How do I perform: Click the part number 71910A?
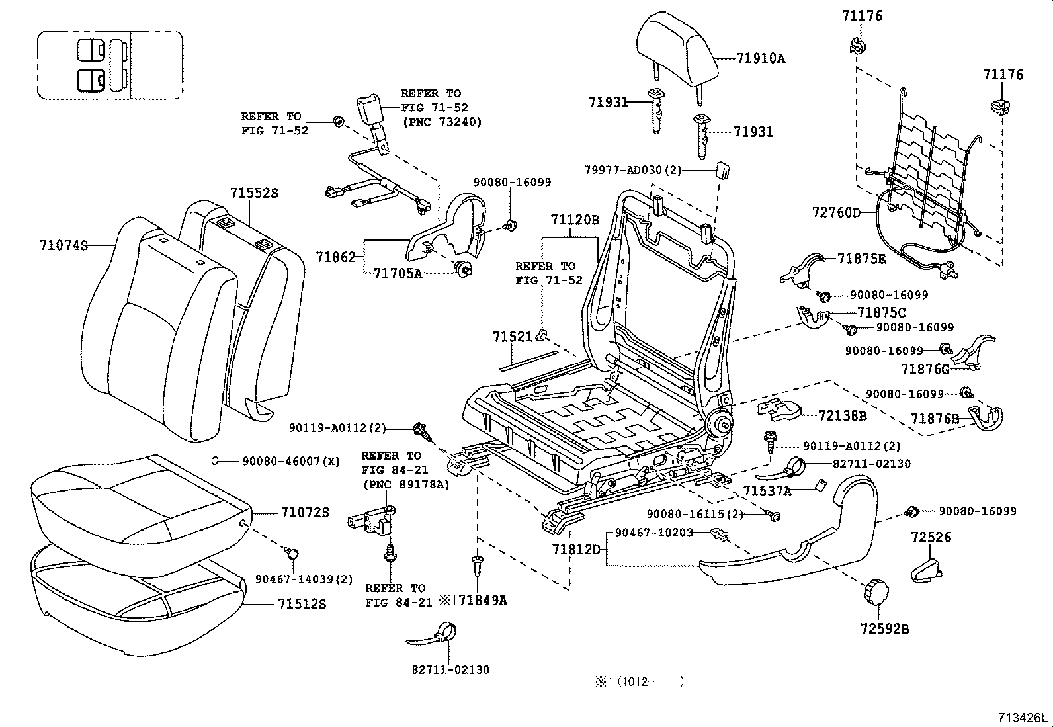(x=761, y=58)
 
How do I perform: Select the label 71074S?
(x=63, y=245)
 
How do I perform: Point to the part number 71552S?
(x=254, y=193)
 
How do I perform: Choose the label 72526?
(x=929, y=537)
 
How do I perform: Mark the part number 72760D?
(x=836, y=212)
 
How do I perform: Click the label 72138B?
(x=842, y=415)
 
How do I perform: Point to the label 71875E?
(x=861, y=259)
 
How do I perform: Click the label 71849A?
(x=483, y=600)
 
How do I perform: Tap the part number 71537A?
(x=767, y=490)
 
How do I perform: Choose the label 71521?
(x=512, y=337)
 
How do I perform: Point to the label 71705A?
(x=398, y=273)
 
